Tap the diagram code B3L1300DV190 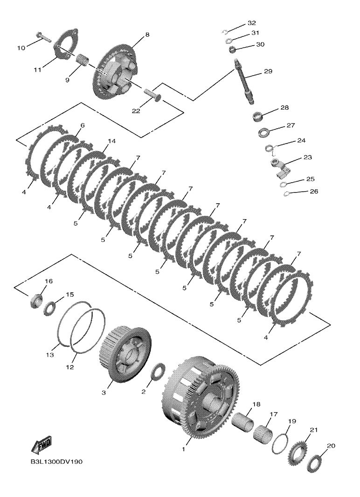(56, 462)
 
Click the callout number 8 (147, 35)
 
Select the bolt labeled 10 (43, 37)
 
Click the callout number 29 (268, 71)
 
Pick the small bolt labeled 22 (153, 94)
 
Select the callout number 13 (50, 355)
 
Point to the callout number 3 (104, 393)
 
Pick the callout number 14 (111, 141)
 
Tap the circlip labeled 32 (225, 31)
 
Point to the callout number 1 (183, 449)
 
